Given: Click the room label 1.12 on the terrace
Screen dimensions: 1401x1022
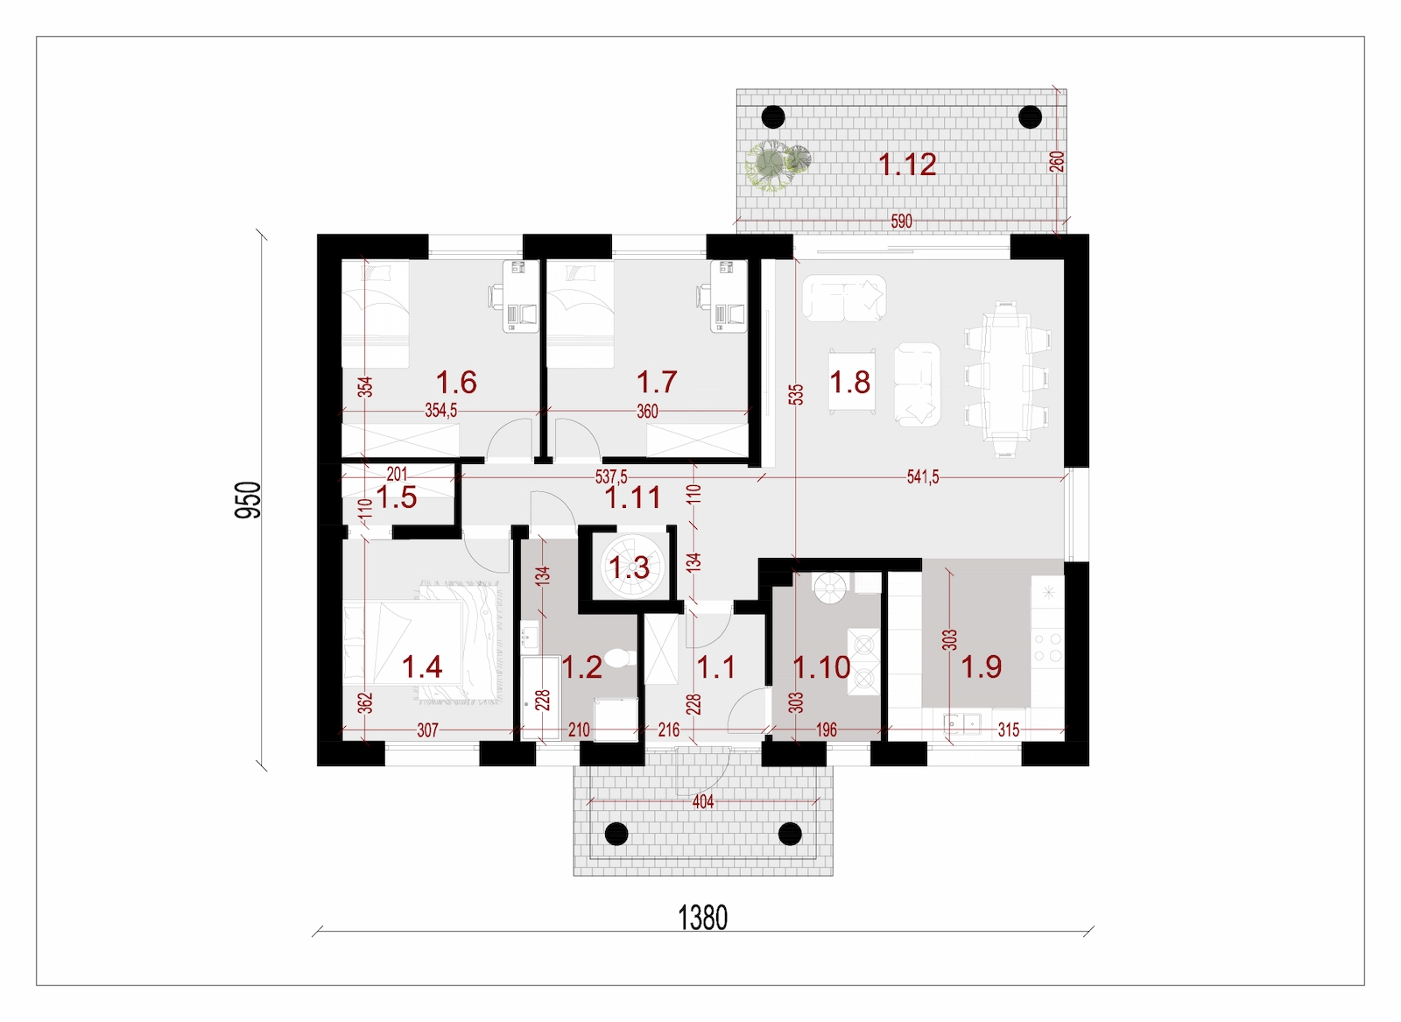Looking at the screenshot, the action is point(907,165).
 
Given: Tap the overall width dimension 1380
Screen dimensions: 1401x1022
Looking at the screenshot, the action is point(702,918).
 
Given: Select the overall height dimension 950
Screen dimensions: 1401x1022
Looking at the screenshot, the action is point(248,500).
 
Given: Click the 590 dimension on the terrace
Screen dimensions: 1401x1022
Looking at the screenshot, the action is point(901,221).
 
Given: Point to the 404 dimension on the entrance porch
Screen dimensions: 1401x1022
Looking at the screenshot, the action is point(703,801).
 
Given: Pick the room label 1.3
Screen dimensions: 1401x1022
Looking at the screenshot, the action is point(630,567).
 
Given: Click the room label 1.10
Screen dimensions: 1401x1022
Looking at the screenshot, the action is point(821,667).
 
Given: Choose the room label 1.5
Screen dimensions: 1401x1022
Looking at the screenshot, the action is point(397,498).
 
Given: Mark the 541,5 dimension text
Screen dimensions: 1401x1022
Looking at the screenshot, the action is point(923,477).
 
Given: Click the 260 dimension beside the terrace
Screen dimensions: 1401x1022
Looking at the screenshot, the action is point(1056,162).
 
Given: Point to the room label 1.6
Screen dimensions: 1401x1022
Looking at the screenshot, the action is point(456,382).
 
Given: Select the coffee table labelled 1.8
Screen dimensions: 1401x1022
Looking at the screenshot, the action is point(851,382).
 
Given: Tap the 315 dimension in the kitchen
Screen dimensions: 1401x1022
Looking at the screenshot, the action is point(1008,729).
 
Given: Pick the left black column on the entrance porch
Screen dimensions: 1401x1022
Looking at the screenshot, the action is point(616,834).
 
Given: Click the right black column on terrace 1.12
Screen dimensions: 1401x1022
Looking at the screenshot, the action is point(1030,117).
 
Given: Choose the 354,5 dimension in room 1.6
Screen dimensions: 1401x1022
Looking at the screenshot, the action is point(441,411).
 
